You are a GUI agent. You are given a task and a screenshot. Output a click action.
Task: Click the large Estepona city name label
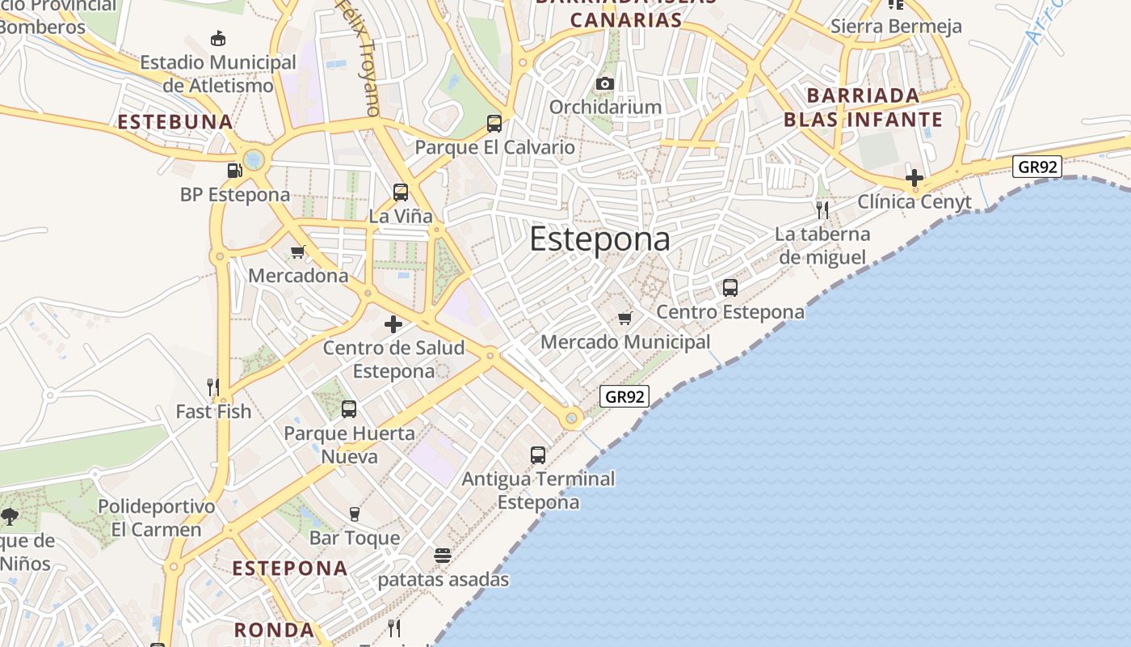(599, 240)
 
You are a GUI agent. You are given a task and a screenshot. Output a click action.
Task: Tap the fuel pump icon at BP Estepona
(234, 171)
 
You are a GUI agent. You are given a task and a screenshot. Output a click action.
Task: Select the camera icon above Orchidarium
(604, 83)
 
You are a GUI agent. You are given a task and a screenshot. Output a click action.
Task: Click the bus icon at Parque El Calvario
(494, 124)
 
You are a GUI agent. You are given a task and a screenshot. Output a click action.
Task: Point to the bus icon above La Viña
(401, 192)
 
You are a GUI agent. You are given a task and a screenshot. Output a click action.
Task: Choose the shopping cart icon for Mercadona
(297, 252)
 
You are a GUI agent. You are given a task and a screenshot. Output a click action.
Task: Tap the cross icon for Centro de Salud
(393, 324)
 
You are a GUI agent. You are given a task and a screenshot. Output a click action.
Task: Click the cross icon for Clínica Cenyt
(914, 178)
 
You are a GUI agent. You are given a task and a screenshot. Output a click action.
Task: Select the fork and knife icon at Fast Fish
(213, 387)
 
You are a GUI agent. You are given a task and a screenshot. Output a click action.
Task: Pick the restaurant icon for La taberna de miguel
(822, 211)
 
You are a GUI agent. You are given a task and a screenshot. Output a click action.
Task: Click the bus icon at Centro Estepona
(730, 288)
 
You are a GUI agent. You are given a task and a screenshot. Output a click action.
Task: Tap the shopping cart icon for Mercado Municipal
(624, 318)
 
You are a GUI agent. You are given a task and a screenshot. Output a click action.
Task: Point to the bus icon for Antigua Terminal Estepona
(538, 455)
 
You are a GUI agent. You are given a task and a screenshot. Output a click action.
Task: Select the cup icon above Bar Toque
(354, 514)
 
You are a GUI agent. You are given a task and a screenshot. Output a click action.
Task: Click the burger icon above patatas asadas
(443, 556)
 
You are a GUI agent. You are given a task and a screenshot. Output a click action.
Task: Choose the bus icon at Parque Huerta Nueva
(349, 409)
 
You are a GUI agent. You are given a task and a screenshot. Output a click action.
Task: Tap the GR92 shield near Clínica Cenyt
(1037, 167)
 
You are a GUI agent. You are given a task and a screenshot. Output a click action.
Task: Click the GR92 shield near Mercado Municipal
(625, 396)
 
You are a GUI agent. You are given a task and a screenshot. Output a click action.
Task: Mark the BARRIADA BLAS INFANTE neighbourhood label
(863, 108)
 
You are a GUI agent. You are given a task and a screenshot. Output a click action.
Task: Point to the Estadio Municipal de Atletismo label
(218, 74)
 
